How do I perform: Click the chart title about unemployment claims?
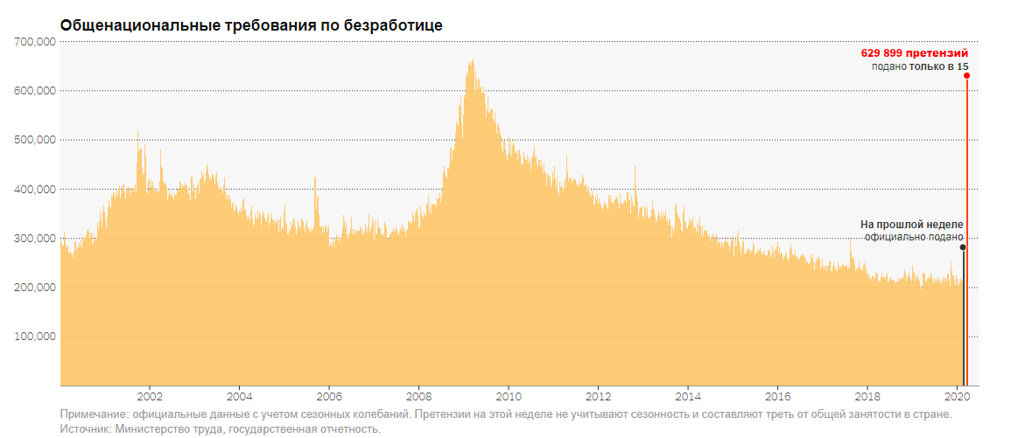pos(251,25)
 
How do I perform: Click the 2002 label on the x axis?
pos(150,393)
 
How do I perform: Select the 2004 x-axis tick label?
pos(240,393)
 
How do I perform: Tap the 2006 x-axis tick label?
pos(329,393)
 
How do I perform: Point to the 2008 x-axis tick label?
pos(419,393)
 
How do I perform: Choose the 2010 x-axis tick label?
pos(509,393)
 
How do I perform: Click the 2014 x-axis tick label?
pos(688,393)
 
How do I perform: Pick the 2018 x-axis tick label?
pos(867,393)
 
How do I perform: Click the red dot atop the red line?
pos(966,75)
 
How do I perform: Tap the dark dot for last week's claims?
pos(963,247)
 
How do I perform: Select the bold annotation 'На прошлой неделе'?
pos(912,225)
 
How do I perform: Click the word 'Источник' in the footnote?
pos(85,428)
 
